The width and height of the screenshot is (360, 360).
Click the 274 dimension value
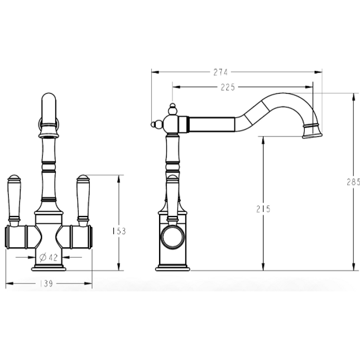(x=220, y=73)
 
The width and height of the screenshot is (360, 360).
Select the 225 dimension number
(x=228, y=87)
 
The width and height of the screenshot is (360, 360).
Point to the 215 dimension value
(x=263, y=209)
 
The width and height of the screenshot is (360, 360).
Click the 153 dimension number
(x=119, y=231)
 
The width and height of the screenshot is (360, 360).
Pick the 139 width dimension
(x=46, y=284)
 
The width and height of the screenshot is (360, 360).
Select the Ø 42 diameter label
(x=49, y=257)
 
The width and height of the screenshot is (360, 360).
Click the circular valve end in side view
(x=172, y=238)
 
